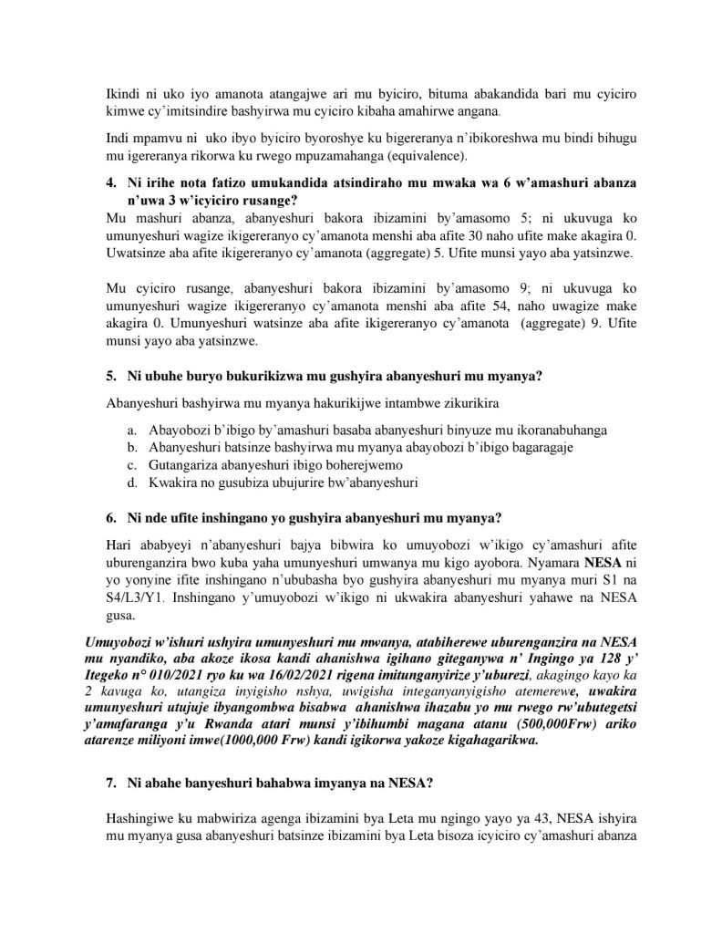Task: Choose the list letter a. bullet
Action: point(132,429)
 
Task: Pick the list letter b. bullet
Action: point(132,446)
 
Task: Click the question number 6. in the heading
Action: point(112,519)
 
